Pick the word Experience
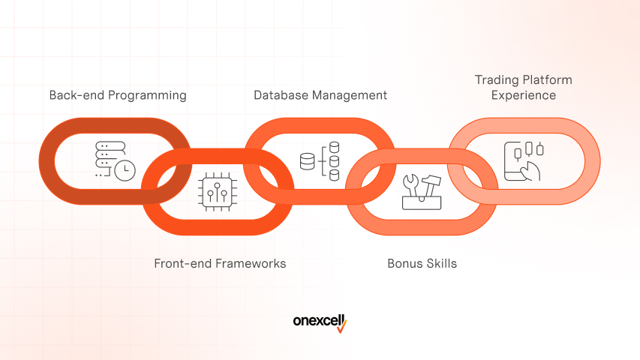pyautogui.click(x=524, y=95)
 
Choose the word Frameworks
pyautogui.click(x=251, y=264)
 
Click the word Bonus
pyautogui.click(x=404, y=264)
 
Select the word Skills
pyautogui.click(x=441, y=264)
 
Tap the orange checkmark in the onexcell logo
pyautogui.click(x=341, y=325)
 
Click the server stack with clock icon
pyautogui.click(x=113, y=158)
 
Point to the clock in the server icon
pyautogui.click(x=125, y=169)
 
